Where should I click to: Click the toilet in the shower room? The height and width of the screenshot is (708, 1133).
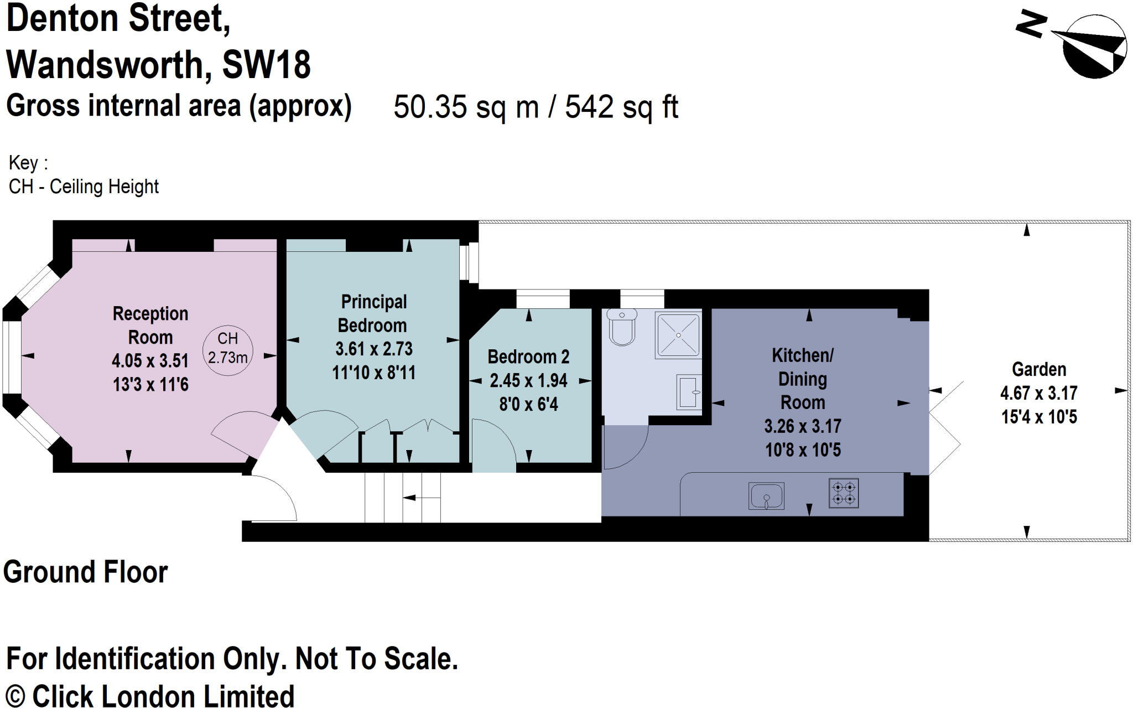coord(622,327)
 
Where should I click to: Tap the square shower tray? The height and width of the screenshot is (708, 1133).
coord(678,335)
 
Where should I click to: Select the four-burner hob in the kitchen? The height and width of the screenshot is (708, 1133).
coord(844,493)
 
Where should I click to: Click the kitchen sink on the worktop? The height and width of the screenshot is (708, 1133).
coord(766,495)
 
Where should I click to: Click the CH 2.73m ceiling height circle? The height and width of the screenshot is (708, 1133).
coord(228,350)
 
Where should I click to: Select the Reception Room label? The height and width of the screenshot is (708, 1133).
coord(150,325)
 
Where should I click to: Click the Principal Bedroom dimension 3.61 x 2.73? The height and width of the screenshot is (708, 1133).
coord(374,349)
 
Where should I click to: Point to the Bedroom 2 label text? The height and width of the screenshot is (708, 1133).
coord(528,357)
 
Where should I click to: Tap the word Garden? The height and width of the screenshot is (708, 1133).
coord(1039,369)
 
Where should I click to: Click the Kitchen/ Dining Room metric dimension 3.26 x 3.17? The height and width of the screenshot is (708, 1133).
coord(803,426)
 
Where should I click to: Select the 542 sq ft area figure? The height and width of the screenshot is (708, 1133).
coord(621,107)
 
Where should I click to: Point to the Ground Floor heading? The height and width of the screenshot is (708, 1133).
coord(86,572)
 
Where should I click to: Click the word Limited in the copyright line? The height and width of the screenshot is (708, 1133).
coord(250,696)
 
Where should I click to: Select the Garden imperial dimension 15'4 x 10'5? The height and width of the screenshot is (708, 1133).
coord(1039,417)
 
